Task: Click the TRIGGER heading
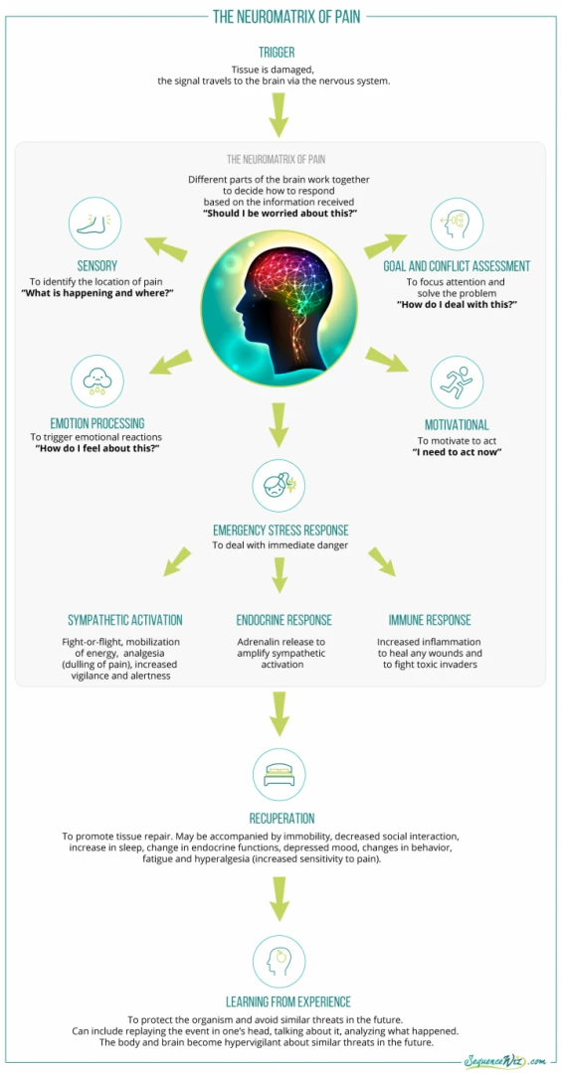click(x=277, y=52)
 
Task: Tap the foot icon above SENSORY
click(x=95, y=224)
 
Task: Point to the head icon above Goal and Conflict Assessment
click(x=458, y=224)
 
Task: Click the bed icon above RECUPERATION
click(x=279, y=775)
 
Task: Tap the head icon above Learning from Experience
click(x=279, y=961)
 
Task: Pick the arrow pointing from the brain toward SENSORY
click(x=165, y=247)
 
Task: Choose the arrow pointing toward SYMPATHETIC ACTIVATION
click(x=177, y=559)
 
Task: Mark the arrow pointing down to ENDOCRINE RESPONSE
click(x=279, y=574)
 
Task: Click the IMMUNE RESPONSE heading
click(x=430, y=620)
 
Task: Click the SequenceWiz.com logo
click(x=505, y=1060)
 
